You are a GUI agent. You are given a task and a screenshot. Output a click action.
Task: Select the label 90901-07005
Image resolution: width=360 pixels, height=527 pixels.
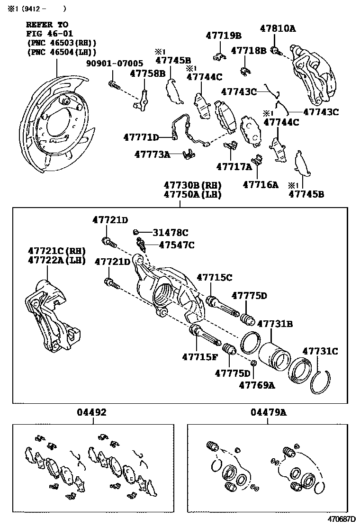coord(114,63)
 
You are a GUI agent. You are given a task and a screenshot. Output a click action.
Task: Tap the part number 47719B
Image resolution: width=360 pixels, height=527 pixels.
coord(223,35)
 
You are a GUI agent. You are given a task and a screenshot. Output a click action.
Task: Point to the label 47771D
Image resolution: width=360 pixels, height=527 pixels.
coord(141,137)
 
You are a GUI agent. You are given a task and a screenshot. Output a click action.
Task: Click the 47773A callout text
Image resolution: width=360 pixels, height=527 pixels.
coord(151,154)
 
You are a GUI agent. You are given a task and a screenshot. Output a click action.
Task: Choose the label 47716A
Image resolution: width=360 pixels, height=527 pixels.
coord(261,184)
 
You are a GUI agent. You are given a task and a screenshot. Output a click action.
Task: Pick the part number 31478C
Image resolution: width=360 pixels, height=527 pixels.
coord(170,232)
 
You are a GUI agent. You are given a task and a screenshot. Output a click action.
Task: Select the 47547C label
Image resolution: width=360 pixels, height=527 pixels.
coord(176,245)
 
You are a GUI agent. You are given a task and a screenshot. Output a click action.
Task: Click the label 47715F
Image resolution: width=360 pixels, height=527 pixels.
coord(199,356)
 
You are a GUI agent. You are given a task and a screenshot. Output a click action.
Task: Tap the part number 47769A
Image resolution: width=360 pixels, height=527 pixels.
coord(257,385)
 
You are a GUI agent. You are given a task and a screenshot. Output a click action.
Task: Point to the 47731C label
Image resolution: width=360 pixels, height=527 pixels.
coord(320,351)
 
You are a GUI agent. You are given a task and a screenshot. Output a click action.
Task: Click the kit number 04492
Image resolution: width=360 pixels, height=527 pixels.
coord(92,412)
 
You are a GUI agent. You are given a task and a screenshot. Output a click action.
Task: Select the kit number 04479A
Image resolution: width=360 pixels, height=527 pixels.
coord(269,412)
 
